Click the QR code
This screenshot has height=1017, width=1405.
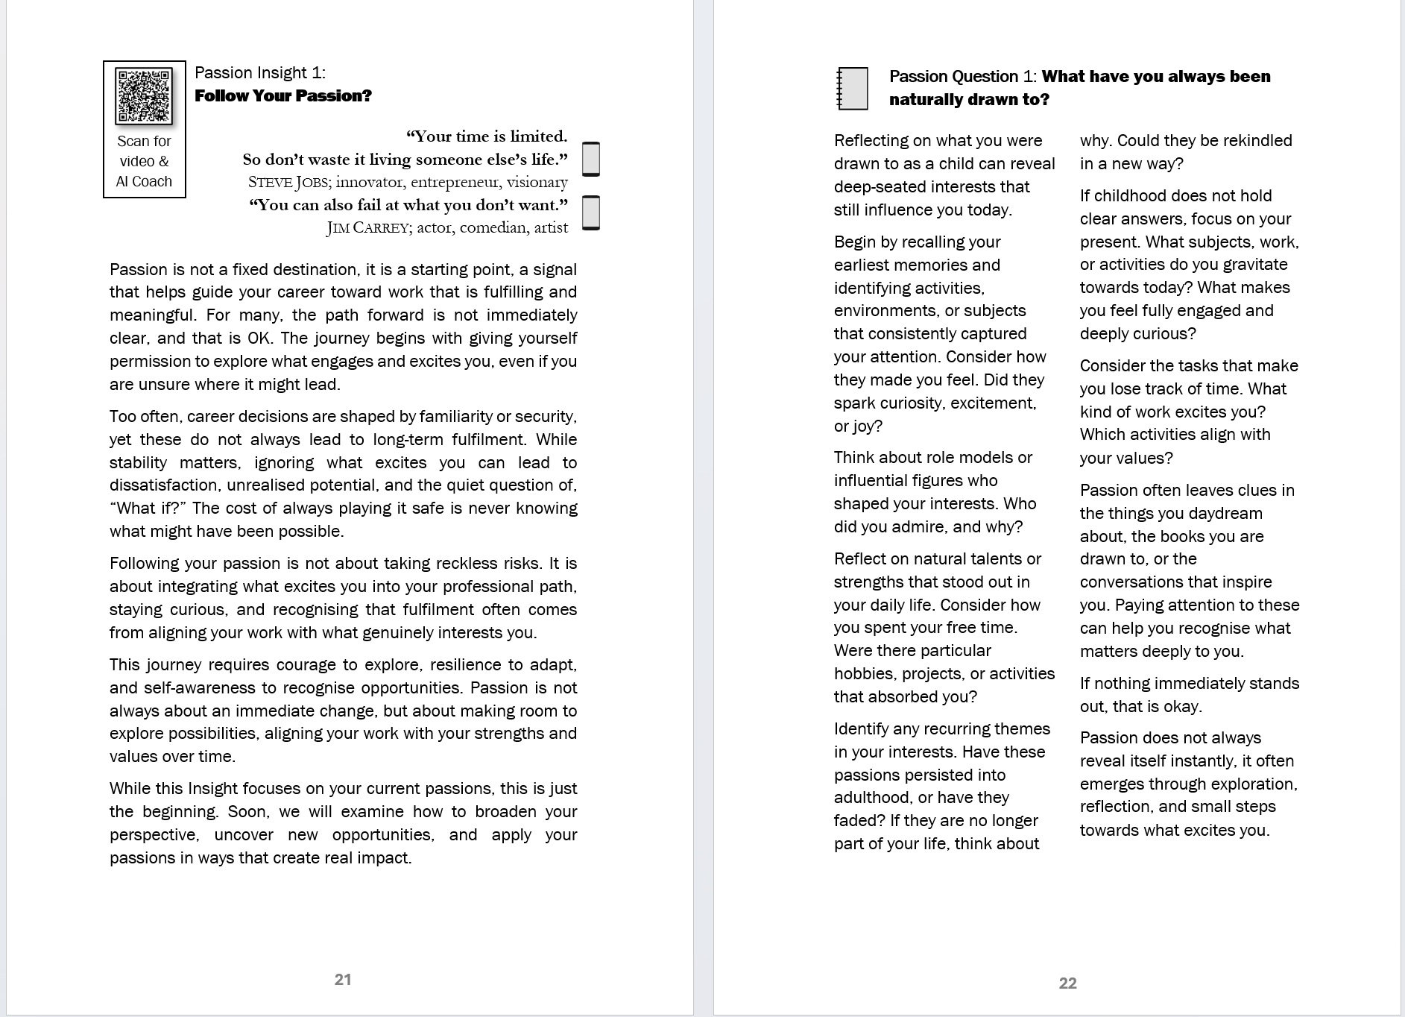[x=144, y=95]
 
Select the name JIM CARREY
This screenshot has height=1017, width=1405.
[x=367, y=227]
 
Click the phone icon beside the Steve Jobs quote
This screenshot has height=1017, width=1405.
[x=590, y=159]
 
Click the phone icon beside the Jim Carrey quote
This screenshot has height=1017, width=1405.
[x=590, y=213]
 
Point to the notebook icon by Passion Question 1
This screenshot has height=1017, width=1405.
[x=853, y=89]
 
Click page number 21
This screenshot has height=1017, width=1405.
[x=343, y=980]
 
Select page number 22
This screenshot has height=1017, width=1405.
[x=1067, y=983]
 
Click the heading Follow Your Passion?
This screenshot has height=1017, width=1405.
[x=282, y=95]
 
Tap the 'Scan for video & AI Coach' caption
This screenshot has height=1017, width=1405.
[x=144, y=161]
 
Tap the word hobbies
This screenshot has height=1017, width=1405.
[x=865, y=674]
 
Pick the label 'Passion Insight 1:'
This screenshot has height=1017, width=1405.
[x=259, y=72]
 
